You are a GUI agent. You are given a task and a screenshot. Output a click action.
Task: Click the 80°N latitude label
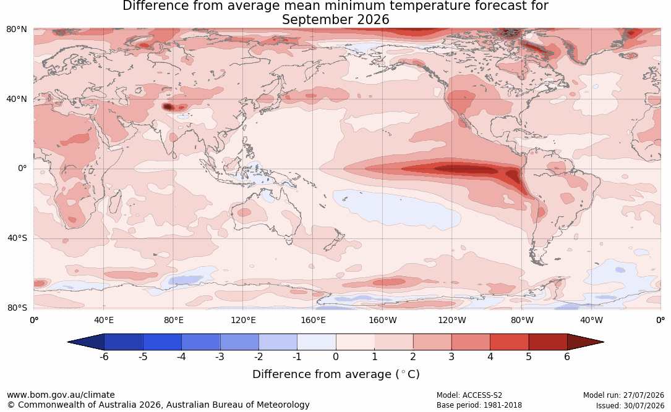(16, 29)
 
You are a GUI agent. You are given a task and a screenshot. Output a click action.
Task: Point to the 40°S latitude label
(17, 238)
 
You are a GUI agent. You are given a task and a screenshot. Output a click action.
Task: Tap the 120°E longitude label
(243, 320)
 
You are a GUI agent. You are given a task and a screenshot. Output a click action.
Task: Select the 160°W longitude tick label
(383, 320)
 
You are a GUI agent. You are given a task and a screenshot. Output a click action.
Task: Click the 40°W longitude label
(591, 320)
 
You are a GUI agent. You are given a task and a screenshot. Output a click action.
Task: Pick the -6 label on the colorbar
(104, 356)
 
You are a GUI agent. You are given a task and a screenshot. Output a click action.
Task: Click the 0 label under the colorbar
(336, 356)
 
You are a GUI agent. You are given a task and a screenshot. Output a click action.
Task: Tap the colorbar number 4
(490, 356)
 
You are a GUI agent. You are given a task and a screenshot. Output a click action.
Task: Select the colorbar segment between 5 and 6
(548, 342)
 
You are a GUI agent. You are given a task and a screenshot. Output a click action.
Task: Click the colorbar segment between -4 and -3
(201, 342)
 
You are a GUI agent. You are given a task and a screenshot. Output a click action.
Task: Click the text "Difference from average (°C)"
(336, 374)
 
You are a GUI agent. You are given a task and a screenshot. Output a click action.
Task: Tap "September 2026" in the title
(335, 20)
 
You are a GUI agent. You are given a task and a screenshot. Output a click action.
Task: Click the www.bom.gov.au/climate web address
(61, 395)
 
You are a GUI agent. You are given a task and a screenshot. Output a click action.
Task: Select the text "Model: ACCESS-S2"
(469, 395)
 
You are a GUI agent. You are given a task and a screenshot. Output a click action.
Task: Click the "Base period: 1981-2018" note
(479, 405)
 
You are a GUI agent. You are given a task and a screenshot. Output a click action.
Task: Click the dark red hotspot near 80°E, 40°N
(168, 107)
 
